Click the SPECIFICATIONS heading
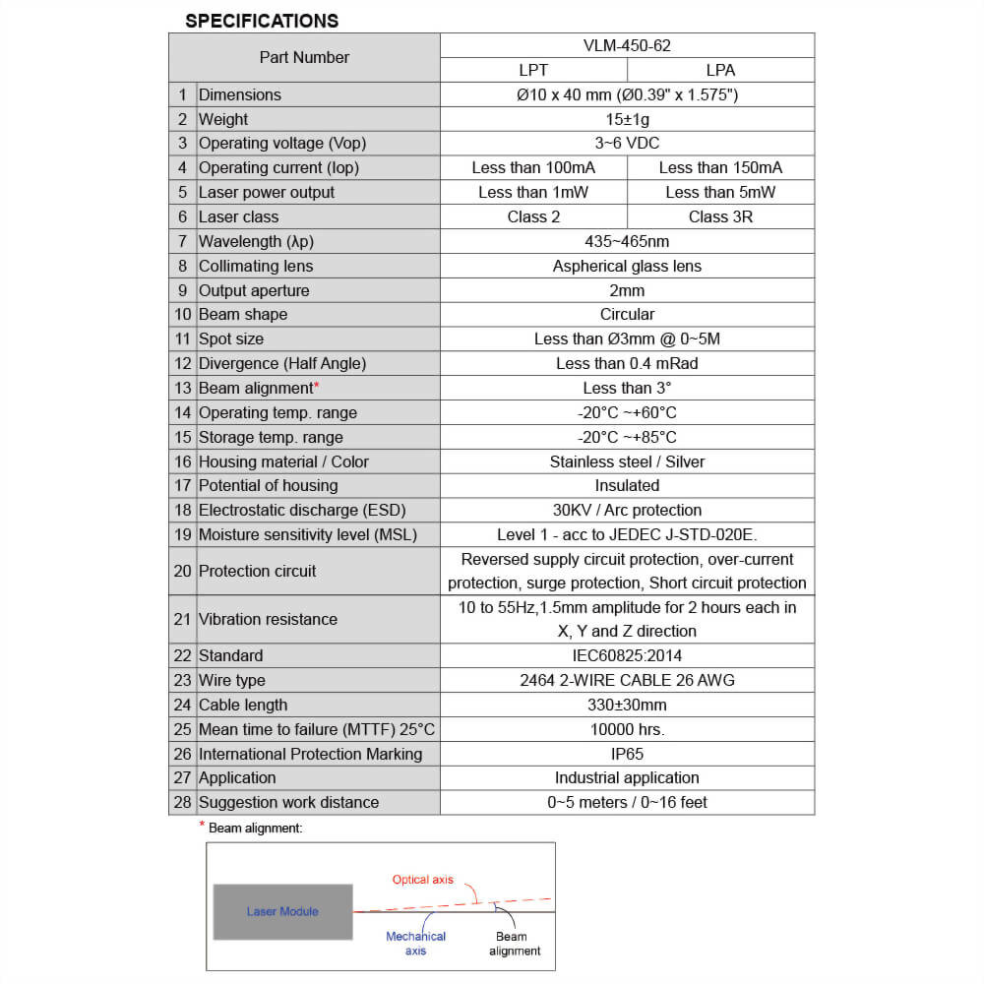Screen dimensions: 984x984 (x=262, y=21)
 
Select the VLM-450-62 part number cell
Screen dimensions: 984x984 (x=627, y=45)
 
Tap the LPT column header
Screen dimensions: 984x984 (x=532, y=70)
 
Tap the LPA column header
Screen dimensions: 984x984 (x=720, y=70)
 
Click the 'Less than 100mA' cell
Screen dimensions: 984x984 (x=532, y=167)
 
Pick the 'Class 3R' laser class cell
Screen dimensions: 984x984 (x=720, y=216)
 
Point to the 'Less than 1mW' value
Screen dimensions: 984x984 (x=532, y=192)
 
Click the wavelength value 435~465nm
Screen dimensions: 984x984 (x=627, y=241)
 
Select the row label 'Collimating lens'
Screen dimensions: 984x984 (x=256, y=266)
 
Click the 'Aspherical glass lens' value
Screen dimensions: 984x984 (x=627, y=266)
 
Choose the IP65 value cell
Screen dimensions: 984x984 (x=627, y=754)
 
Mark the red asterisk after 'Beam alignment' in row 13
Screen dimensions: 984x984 (x=316, y=386)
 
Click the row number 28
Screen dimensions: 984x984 (x=182, y=802)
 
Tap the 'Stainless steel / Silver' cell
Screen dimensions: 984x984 (x=627, y=461)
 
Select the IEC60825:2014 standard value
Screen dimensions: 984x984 (x=627, y=655)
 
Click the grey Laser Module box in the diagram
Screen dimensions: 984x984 (x=282, y=911)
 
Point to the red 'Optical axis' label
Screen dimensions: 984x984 (x=423, y=879)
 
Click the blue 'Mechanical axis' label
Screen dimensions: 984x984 (x=415, y=944)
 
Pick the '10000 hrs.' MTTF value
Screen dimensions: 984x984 (x=627, y=729)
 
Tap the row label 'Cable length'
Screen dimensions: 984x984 (x=243, y=705)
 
